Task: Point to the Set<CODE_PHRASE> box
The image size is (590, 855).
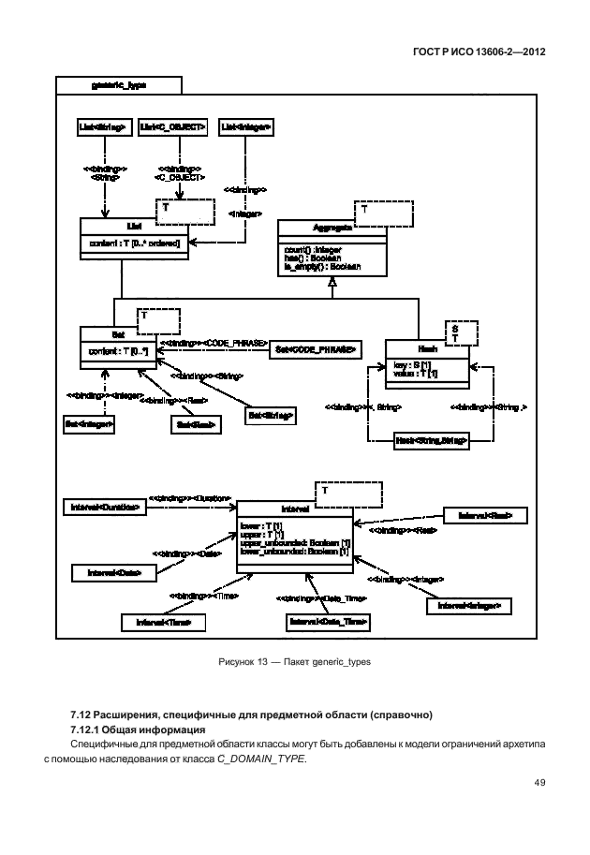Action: pos(315,348)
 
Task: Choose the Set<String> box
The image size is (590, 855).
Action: pos(271,413)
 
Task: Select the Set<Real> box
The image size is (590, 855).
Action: pos(195,424)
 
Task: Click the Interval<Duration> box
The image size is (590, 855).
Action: pos(105,507)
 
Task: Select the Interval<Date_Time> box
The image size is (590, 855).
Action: pos(328,621)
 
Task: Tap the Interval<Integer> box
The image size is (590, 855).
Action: pos(469,606)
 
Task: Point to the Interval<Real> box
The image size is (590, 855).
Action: pos(484,515)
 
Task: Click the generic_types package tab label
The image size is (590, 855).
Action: pos(119,84)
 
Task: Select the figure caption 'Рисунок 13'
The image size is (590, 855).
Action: pos(244,662)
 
